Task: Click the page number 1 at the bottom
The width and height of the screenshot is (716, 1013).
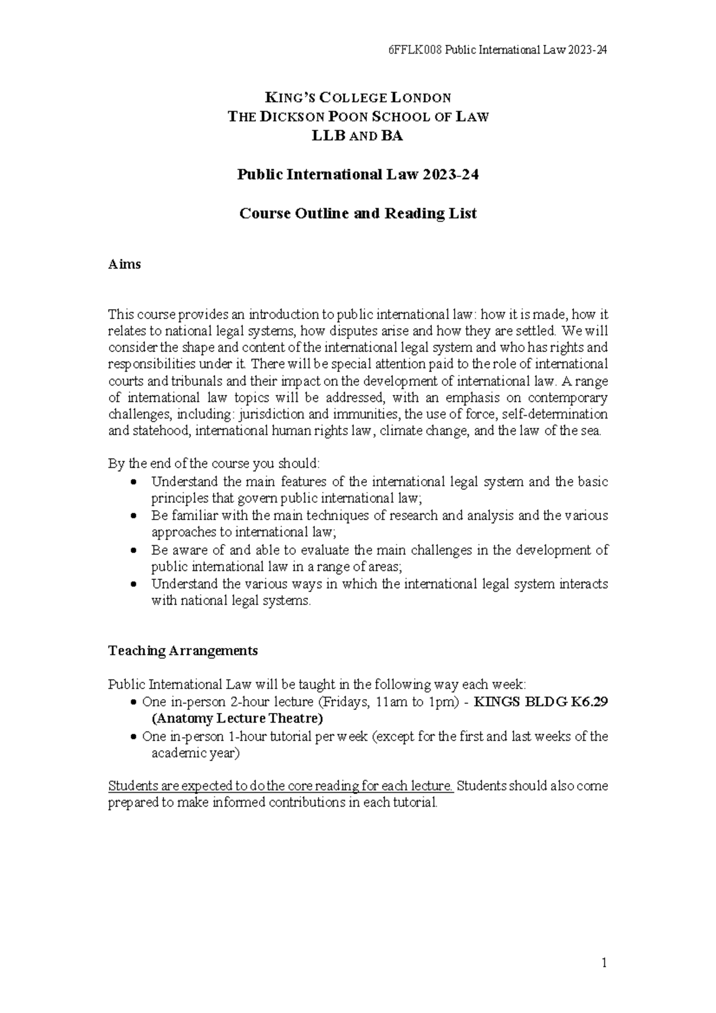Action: tap(604, 962)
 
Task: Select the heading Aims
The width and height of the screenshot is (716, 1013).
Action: tap(124, 264)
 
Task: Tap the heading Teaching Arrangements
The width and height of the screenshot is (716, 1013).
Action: tap(183, 650)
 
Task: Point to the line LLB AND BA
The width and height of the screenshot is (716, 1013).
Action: tap(358, 136)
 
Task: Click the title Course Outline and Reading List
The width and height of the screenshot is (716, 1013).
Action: tap(358, 214)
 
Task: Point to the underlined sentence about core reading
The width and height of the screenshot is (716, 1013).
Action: tap(280, 786)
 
